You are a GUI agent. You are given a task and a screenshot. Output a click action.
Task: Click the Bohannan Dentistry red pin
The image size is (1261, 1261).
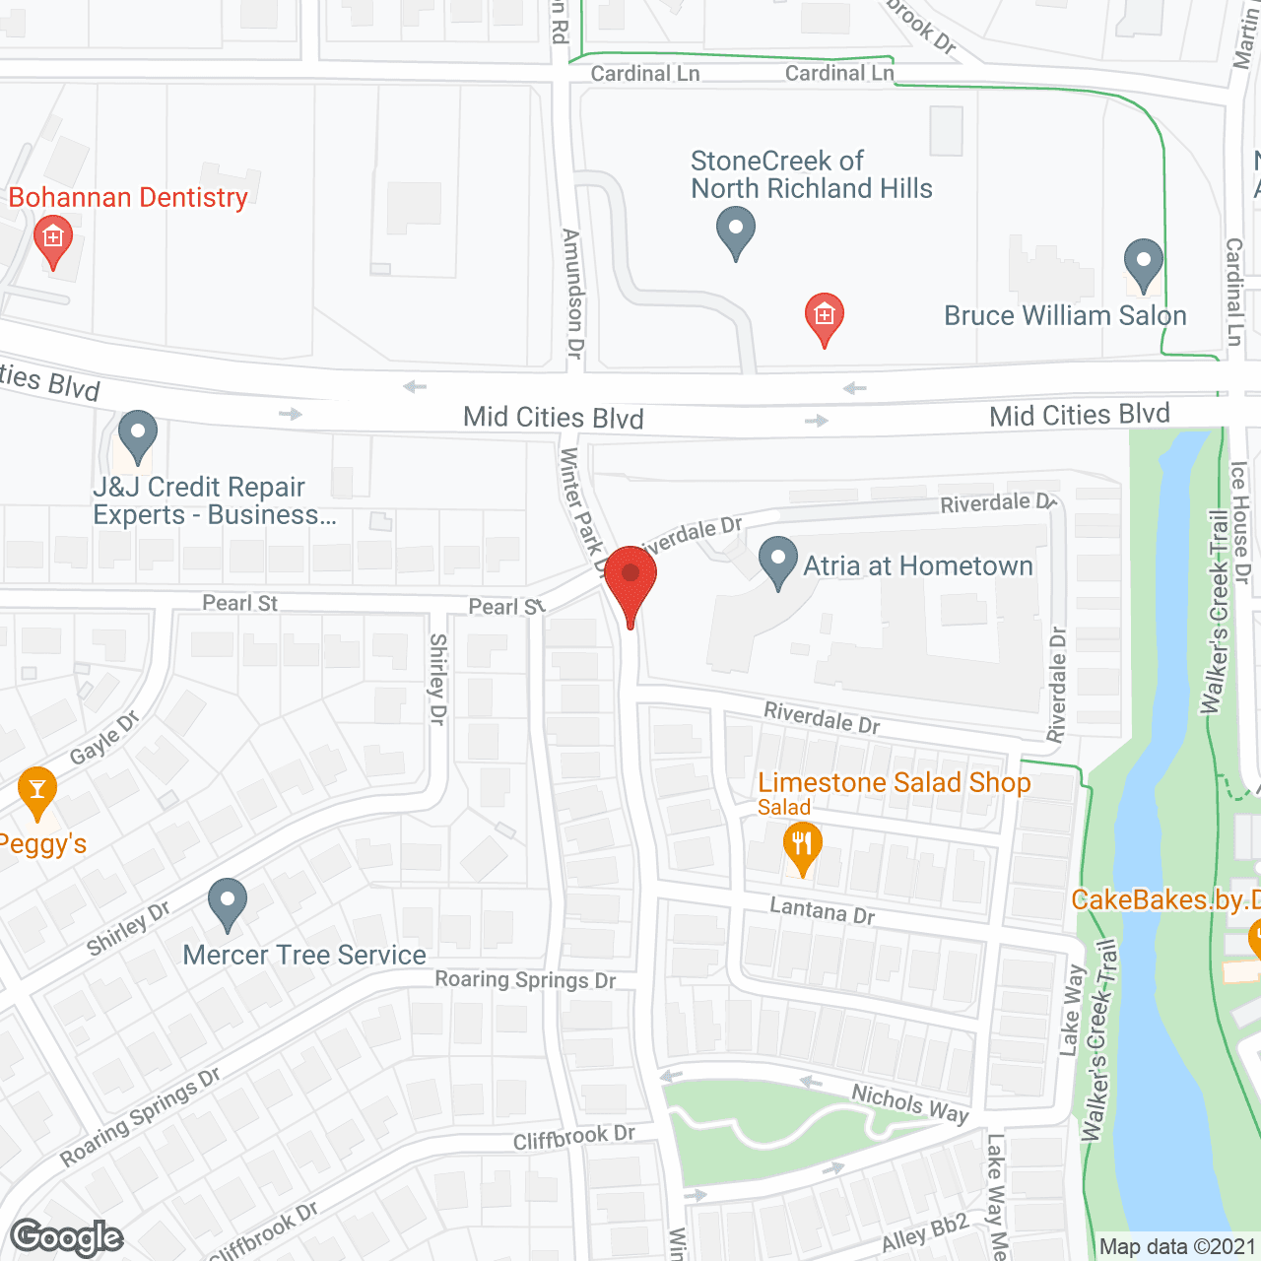(x=52, y=239)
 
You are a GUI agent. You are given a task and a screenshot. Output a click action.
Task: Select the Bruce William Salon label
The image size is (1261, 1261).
(x=1065, y=315)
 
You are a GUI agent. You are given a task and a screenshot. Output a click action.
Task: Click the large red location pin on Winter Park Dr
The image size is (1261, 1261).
(x=630, y=579)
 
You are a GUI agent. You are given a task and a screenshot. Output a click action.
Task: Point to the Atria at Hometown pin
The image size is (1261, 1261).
(x=778, y=560)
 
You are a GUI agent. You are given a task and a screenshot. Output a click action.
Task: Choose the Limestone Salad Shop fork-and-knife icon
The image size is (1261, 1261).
(x=802, y=846)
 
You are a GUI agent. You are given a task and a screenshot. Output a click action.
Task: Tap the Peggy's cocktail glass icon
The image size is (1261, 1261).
(x=37, y=790)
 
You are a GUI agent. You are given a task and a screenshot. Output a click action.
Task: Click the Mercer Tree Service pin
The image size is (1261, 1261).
(x=228, y=901)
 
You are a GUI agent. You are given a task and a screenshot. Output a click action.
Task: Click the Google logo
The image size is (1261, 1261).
(x=67, y=1237)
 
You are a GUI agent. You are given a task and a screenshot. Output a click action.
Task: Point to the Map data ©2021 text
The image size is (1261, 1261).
(x=1177, y=1246)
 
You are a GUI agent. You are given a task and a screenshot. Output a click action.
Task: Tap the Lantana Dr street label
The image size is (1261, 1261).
(x=823, y=910)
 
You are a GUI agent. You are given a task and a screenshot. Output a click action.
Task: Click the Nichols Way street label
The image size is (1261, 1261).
(x=910, y=1103)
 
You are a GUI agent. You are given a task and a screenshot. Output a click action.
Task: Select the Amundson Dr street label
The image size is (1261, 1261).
(x=572, y=293)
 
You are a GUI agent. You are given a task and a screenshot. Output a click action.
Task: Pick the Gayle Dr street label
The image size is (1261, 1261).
(x=104, y=738)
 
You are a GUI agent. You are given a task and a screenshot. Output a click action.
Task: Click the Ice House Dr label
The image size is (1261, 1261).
(x=1240, y=522)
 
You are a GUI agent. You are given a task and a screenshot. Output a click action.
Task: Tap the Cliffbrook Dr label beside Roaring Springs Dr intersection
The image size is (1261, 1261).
(x=574, y=1137)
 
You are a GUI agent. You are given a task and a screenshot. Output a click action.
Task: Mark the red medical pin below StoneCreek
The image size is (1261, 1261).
(x=825, y=316)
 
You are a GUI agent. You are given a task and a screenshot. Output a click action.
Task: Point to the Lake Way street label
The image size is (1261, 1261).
(x=1071, y=1010)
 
